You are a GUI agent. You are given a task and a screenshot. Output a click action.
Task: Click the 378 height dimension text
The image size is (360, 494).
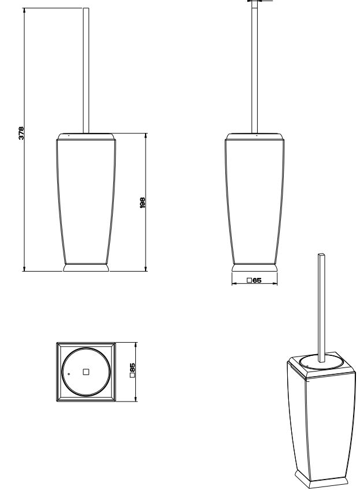(x=21, y=133)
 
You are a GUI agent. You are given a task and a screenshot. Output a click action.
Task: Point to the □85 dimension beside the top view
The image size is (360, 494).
(x=132, y=371)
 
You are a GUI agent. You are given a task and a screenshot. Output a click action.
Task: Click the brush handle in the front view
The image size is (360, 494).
(x=87, y=69)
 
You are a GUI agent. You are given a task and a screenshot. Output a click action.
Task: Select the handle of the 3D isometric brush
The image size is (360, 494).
(x=322, y=306)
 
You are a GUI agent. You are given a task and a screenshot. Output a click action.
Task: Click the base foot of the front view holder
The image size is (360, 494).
(x=87, y=268)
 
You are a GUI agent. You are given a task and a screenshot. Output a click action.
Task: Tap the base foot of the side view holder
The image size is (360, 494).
(x=254, y=268)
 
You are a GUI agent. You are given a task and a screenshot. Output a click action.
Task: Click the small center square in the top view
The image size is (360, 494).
(x=86, y=372)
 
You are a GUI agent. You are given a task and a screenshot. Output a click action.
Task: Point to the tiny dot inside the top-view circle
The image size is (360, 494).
(x=69, y=374)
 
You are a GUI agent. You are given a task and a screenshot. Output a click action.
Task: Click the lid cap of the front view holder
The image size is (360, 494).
(x=87, y=135)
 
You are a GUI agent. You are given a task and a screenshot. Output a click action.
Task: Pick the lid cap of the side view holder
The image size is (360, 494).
(x=254, y=135)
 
